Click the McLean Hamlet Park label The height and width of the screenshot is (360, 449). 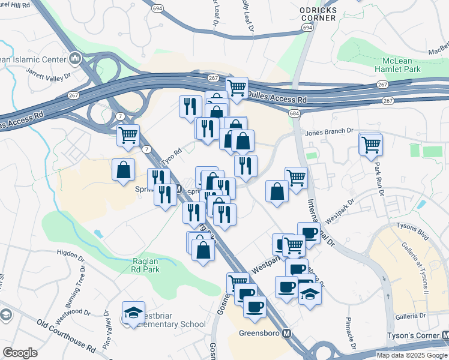click(x=403, y=66)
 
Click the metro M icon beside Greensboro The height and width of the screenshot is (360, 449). click(x=287, y=334)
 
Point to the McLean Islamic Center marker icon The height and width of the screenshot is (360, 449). click(x=76, y=58)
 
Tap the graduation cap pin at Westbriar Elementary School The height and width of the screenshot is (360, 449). click(x=133, y=313)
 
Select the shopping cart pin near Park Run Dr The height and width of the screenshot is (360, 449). click(x=371, y=144)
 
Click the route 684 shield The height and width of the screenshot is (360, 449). click(x=294, y=114)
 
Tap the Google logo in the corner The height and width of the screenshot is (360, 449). click(x=19, y=353)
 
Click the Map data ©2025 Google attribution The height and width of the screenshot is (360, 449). click(x=411, y=355)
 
